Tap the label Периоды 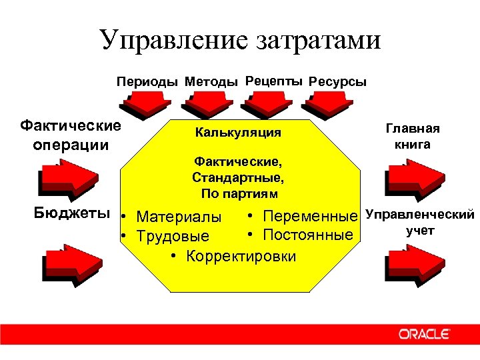pos(147,82)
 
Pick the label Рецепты pos(274,81)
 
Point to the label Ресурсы pos(337,82)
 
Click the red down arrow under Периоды pos(147,103)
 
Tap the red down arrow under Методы pos(209,103)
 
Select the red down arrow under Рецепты pos(269,103)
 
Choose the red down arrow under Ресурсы pos(329,103)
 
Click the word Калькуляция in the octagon pos(238,133)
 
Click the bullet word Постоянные pos(307,235)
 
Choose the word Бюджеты pos(72,213)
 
